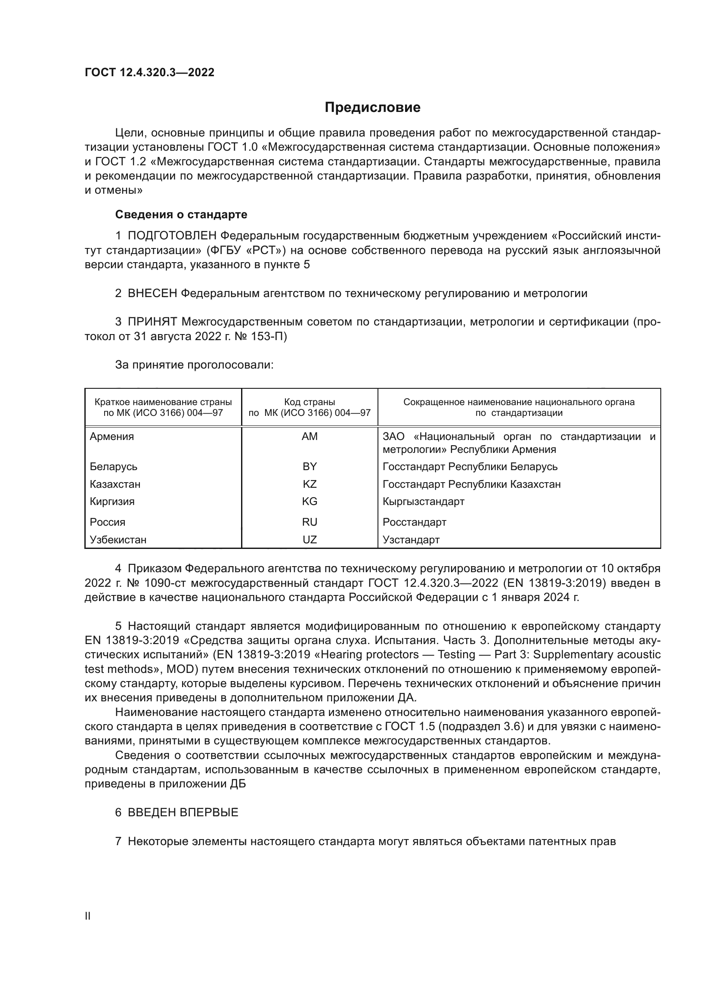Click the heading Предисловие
(x=372, y=108)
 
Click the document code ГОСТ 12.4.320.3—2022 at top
(x=149, y=72)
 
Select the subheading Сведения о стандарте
(x=181, y=214)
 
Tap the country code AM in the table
(x=310, y=437)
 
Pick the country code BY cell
(x=310, y=466)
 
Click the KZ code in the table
(x=310, y=484)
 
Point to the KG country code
(x=310, y=501)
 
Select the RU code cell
(x=310, y=522)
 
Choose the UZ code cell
(x=310, y=539)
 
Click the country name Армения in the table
(x=112, y=437)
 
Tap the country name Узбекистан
(x=118, y=539)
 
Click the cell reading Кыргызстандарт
(x=423, y=501)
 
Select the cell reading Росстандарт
(x=414, y=522)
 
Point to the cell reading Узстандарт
(x=411, y=539)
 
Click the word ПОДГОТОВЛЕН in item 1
(x=172, y=236)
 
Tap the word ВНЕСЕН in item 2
(x=152, y=294)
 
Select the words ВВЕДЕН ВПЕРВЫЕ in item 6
(x=183, y=812)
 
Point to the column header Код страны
(x=310, y=402)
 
